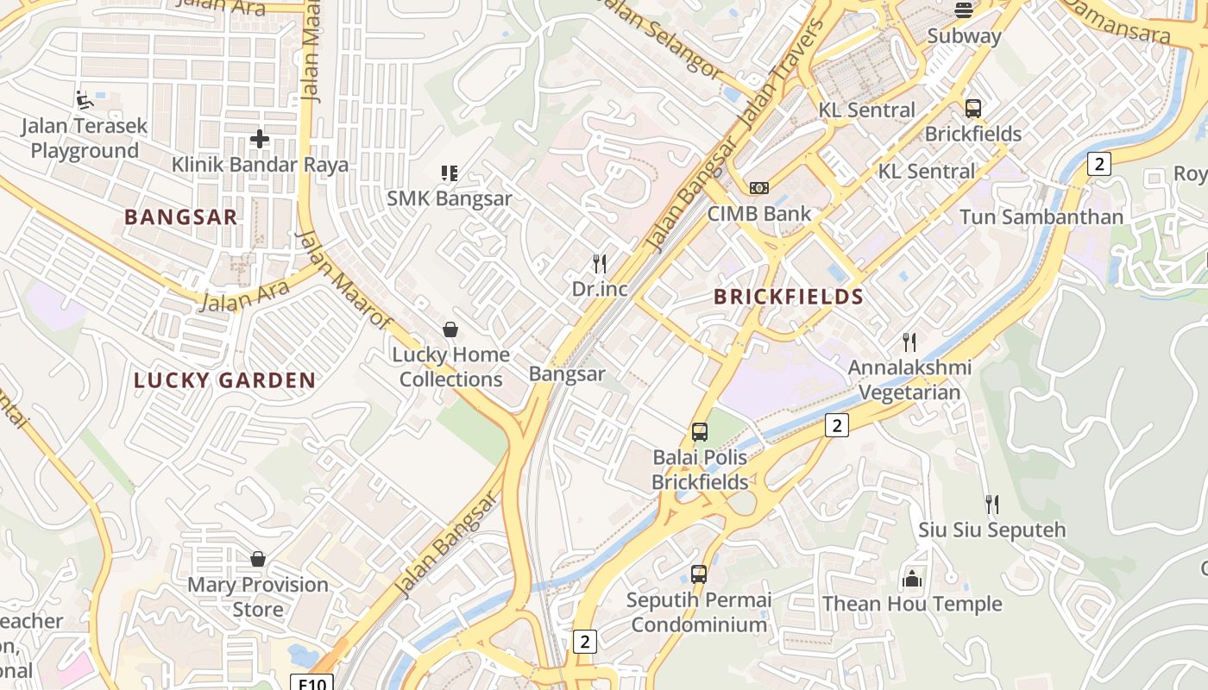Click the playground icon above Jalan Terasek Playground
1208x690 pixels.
[x=85, y=100]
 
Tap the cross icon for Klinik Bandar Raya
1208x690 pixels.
[x=259, y=138]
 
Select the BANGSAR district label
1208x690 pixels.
[x=180, y=216]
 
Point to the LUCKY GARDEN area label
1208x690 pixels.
[x=224, y=380]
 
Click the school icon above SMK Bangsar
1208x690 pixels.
[x=449, y=173]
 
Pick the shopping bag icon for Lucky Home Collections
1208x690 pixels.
[x=450, y=329]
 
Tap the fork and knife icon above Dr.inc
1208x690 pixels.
[x=600, y=263]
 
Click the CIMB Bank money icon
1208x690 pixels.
[x=759, y=188]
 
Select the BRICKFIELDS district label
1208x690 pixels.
[x=789, y=297]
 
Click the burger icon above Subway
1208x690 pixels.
[x=964, y=10]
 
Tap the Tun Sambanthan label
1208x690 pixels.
[x=1041, y=216]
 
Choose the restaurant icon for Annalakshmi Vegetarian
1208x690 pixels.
[x=909, y=342]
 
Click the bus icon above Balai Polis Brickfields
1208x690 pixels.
[x=700, y=431]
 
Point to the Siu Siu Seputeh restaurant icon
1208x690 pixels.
[x=992, y=504]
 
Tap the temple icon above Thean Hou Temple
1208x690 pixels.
[x=912, y=578]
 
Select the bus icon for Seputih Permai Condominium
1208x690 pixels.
[x=699, y=574]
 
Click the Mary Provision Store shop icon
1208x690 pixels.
[x=257, y=559]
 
